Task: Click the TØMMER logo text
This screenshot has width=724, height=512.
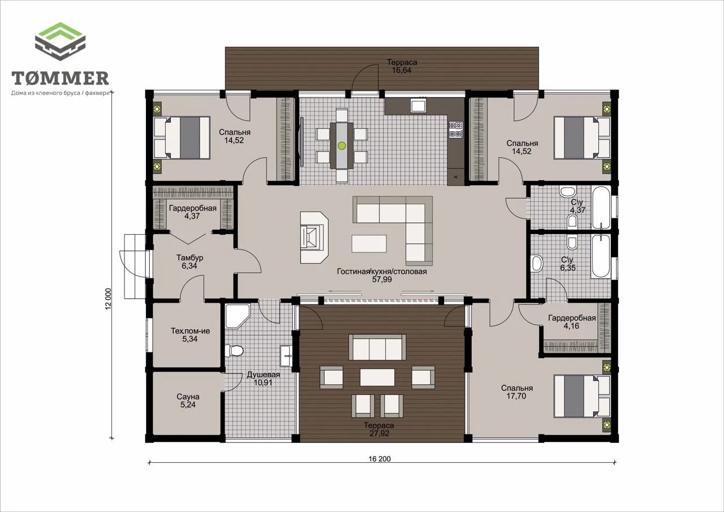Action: [x=60, y=78]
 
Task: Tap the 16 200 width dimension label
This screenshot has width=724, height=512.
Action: [x=380, y=459]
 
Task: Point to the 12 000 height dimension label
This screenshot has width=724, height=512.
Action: [x=108, y=299]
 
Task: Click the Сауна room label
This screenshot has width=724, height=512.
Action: [x=188, y=397]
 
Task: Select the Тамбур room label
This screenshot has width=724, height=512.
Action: [x=189, y=257]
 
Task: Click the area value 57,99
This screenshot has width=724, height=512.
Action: [x=382, y=279]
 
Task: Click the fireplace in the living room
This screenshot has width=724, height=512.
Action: [x=314, y=238]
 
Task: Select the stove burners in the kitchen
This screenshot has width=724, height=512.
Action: [x=456, y=130]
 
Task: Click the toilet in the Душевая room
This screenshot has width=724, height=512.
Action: [x=234, y=351]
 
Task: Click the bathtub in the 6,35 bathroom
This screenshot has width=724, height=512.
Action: [x=600, y=256]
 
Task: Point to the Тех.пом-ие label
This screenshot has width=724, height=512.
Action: [x=190, y=330]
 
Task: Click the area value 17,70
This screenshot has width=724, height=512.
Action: [x=516, y=396]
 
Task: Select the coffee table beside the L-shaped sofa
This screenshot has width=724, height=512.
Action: [x=369, y=243]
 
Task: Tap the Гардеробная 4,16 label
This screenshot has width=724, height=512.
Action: [x=572, y=322]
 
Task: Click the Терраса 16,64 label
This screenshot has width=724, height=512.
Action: [x=402, y=66]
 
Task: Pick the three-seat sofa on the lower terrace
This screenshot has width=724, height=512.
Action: [x=377, y=347]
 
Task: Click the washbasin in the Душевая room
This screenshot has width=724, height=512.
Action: [x=286, y=356]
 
